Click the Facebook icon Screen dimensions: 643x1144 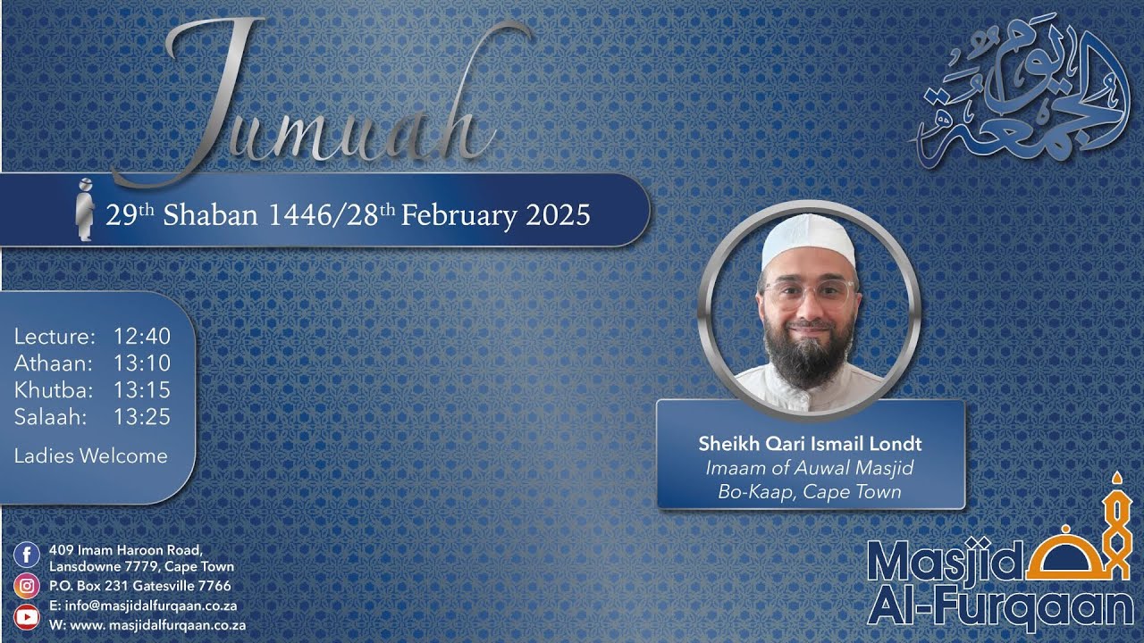point(27,555)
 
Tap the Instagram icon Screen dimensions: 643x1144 point(27,586)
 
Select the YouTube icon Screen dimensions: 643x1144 point(27,616)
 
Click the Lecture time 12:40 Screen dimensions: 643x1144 point(141,337)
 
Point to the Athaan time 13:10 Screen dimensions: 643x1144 point(141,363)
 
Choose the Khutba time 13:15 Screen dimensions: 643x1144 point(141,390)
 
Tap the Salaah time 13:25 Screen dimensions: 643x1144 point(141,417)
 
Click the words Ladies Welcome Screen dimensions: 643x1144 point(90,456)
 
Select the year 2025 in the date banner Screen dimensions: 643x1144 point(558,215)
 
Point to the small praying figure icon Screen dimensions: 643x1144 point(85,210)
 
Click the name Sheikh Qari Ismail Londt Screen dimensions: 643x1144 point(810,444)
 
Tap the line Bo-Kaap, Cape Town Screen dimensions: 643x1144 point(810,491)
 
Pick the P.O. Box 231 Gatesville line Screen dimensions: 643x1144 point(140,587)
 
